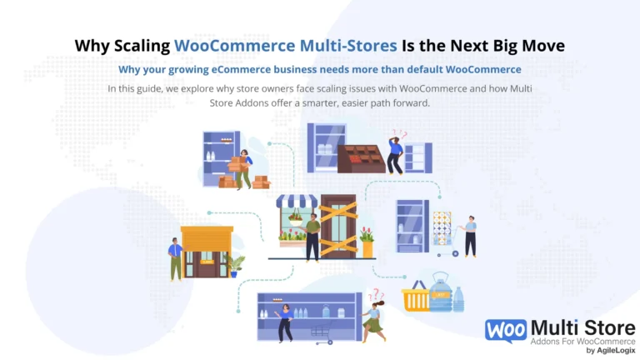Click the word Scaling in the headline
pos(142,46)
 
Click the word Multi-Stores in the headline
pos(348,45)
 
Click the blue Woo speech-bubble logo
pos(506,331)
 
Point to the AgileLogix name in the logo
pos(616,350)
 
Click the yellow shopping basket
pos(416,297)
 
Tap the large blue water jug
pos(440,292)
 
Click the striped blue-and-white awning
pos(297,201)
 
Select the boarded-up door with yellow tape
pos(338,227)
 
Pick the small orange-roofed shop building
pos(207,252)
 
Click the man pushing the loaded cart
pos(469,237)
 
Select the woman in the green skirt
pos(373,321)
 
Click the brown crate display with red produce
pos(361,159)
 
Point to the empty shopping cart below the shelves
pos(322,335)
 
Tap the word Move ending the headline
pos(543,45)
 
